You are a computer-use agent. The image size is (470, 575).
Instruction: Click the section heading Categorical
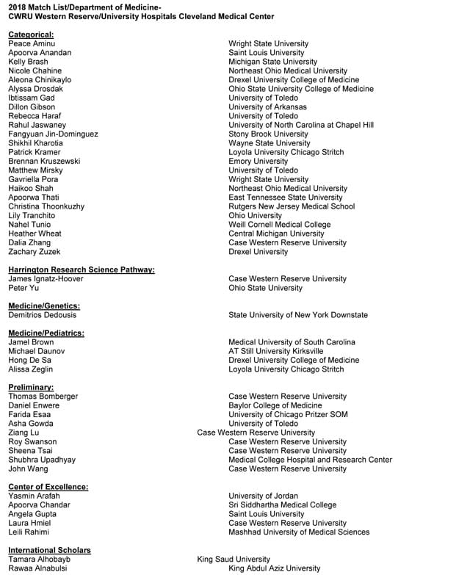pyautogui.click(x=31, y=35)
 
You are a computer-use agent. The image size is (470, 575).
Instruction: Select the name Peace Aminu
pyautogui.click(x=32, y=44)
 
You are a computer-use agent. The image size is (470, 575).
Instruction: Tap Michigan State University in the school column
pyautogui.click(x=272, y=62)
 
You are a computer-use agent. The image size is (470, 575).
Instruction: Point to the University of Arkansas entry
pyautogui.click(x=267, y=107)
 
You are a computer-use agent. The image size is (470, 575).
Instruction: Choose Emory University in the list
pyautogui.click(x=258, y=162)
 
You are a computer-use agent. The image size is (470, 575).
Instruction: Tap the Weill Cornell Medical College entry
pyautogui.click(x=279, y=225)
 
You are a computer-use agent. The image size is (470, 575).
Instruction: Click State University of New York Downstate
pyautogui.click(x=298, y=315)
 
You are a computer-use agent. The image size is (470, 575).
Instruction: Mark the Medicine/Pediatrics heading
pyautogui.click(x=46, y=333)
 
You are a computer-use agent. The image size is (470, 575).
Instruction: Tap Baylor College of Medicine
pyautogui.click(x=275, y=405)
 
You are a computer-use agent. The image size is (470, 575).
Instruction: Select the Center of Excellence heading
pyautogui.click(x=48, y=487)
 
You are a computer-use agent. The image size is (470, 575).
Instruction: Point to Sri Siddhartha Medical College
pyautogui.click(x=282, y=505)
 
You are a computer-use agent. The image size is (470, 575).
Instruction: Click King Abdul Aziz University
pyautogui.click(x=274, y=568)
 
